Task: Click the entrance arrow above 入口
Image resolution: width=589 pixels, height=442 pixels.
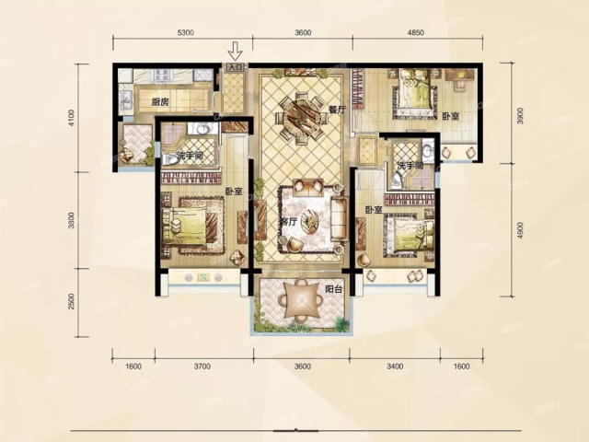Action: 236,52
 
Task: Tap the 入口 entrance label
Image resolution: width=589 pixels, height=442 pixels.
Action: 236,67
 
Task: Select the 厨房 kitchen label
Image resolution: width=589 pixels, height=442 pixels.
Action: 160,101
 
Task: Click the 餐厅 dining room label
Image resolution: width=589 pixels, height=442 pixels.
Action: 337,110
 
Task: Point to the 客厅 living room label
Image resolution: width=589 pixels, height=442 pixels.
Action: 289,222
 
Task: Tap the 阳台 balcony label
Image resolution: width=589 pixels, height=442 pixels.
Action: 333,289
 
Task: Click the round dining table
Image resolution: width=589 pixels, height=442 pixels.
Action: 301,117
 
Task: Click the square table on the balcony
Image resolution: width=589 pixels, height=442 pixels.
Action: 302,299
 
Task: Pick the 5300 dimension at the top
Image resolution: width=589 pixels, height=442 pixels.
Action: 186,33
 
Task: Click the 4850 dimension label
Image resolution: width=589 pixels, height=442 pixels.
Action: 415,33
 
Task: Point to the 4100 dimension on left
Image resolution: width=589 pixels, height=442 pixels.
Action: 72,118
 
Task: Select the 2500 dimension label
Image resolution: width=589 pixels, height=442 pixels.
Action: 72,302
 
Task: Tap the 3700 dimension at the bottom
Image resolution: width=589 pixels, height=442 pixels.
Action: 202,366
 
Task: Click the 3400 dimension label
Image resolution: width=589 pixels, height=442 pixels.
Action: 395,366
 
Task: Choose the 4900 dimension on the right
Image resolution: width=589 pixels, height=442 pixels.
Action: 520,230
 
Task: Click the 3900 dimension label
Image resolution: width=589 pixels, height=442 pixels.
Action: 520,116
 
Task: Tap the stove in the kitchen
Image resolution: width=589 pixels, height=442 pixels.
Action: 162,76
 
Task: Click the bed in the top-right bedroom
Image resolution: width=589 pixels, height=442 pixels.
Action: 415,90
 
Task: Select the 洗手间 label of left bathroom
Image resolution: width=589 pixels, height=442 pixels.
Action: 191,156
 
